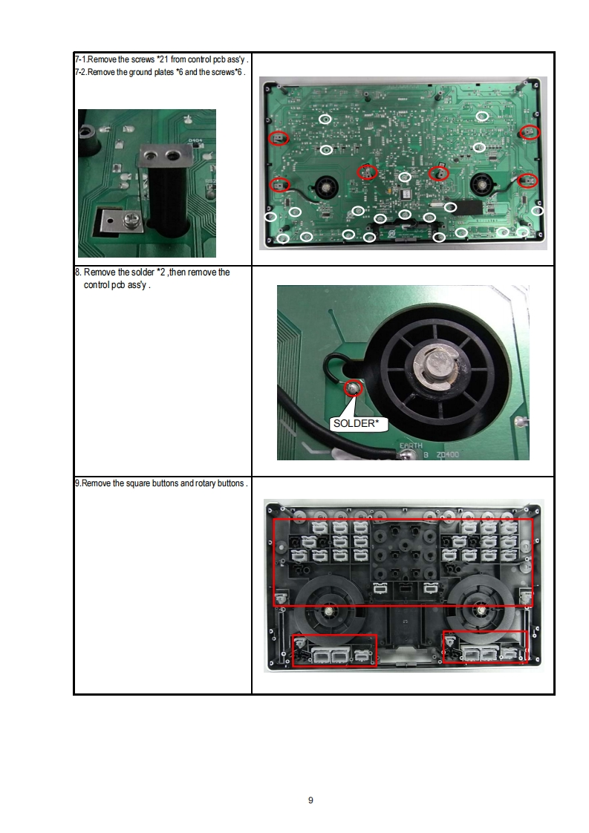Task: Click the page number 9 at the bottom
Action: (310, 800)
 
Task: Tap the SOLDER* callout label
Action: (357, 423)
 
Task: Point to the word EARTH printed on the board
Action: (411, 445)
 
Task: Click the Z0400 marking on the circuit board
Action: (448, 455)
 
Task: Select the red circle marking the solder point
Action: (353, 388)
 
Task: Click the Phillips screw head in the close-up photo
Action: (129, 218)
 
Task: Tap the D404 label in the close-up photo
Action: (195, 141)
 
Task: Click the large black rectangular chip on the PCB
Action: (466, 207)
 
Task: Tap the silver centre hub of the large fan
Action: (436, 366)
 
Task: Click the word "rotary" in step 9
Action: (205, 483)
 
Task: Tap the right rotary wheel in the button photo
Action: (481, 609)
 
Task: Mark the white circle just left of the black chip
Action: (450, 207)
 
